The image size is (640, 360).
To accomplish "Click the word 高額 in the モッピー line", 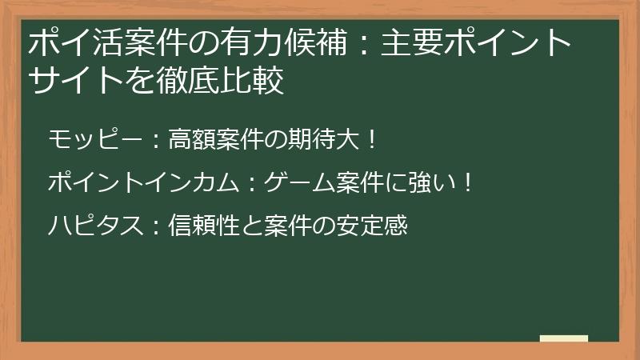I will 188,141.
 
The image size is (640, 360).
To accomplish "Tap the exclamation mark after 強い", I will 469,183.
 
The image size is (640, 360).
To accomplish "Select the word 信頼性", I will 198,226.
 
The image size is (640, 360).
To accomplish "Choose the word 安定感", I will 377,226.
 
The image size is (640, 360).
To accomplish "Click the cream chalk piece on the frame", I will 564,339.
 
